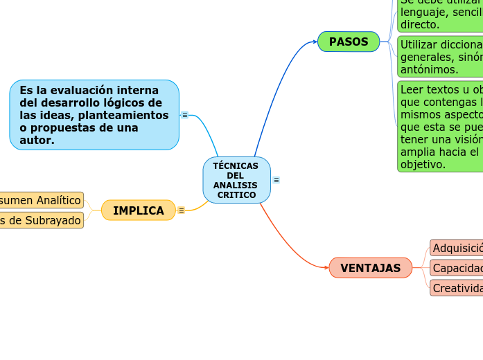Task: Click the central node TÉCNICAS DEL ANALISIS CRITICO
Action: click(236, 180)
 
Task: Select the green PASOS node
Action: click(349, 42)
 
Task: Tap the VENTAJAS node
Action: click(370, 268)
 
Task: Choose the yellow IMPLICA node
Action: click(139, 210)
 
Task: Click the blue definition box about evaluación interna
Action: click(94, 115)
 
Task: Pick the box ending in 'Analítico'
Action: click(42, 200)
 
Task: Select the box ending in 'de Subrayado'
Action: click(42, 220)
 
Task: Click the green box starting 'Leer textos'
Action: click(441, 127)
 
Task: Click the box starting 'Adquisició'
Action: click(457, 248)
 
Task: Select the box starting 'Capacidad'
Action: click(457, 268)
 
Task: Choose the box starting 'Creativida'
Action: click(457, 288)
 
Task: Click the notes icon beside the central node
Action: click(276, 180)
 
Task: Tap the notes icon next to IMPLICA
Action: click(182, 210)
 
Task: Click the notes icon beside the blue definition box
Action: click(185, 115)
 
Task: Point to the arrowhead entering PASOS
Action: click(315, 42)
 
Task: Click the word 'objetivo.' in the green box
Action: click(423, 165)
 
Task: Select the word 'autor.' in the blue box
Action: click(37, 141)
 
